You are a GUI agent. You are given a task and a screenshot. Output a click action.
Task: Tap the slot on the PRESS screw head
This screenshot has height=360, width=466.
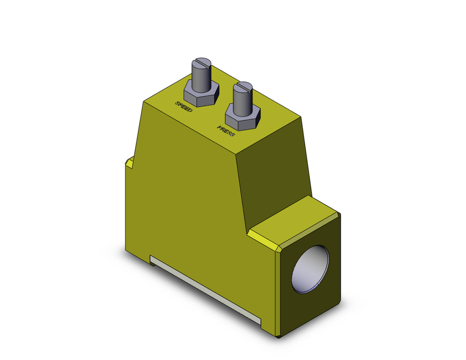pyautogui.click(x=242, y=86)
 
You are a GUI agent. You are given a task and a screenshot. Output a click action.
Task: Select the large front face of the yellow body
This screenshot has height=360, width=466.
pyautogui.click(x=186, y=201)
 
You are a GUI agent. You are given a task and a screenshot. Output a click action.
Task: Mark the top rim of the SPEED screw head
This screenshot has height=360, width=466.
pyautogui.click(x=201, y=59)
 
